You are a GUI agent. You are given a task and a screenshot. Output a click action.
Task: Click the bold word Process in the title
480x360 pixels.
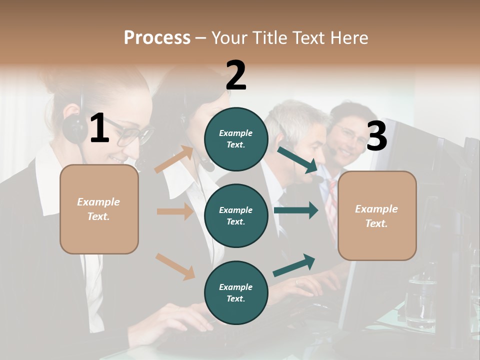157,37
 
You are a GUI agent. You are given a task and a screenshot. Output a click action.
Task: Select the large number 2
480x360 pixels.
236,75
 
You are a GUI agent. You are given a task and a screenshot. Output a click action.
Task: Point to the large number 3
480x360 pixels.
376,136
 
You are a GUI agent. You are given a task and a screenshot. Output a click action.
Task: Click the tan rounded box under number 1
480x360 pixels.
99,209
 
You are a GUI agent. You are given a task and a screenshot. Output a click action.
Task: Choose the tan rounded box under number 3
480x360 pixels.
377,215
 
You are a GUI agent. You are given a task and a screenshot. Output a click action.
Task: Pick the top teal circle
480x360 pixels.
236,139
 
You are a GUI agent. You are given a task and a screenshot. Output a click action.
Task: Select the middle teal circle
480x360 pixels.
236,215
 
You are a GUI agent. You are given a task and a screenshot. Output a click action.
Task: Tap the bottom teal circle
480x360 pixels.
236,292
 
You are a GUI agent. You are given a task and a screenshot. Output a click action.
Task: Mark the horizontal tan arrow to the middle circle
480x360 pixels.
175,211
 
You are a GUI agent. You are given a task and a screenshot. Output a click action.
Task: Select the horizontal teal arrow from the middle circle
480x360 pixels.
295,210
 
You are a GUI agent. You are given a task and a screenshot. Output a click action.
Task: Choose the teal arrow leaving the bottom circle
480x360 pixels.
294,265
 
